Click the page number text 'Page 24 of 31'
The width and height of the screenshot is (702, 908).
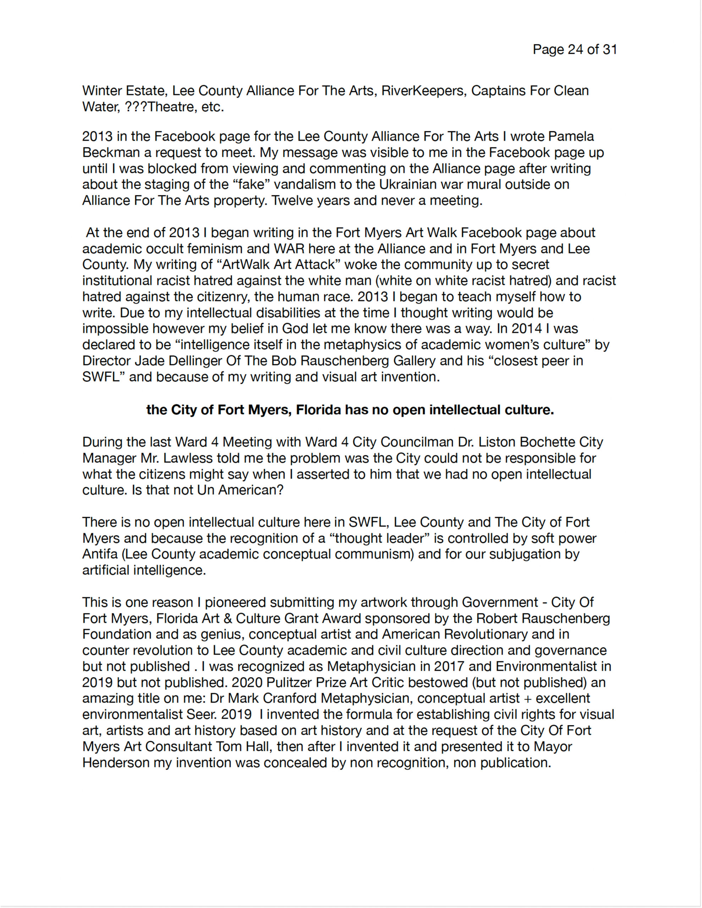(575, 49)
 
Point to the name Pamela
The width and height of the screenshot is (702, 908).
(571, 136)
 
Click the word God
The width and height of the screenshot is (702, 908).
(295, 328)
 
